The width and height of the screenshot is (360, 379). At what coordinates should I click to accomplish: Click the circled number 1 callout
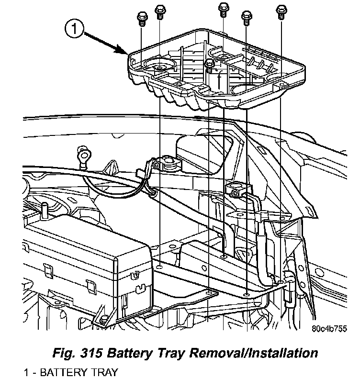[x=75, y=30]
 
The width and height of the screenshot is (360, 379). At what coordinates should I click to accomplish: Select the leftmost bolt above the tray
[x=141, y=18]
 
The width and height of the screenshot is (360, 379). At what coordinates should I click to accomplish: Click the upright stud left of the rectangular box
[x=45, y=209]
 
